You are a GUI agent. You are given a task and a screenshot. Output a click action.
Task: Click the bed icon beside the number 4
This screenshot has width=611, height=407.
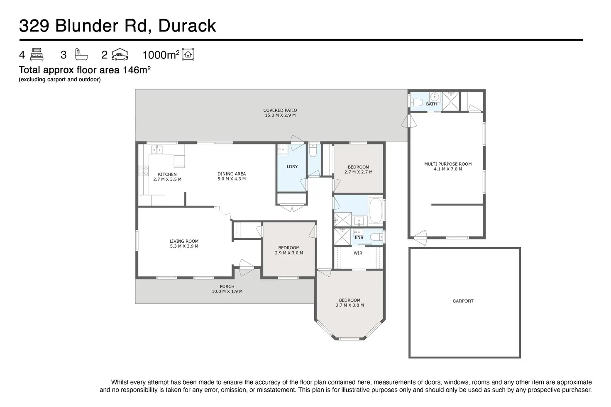37,55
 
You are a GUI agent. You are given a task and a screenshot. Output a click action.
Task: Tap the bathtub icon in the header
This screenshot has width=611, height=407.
80,54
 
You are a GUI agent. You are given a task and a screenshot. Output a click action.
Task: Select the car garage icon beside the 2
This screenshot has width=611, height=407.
120,55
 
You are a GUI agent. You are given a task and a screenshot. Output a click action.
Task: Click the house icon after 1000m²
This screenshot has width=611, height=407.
188,54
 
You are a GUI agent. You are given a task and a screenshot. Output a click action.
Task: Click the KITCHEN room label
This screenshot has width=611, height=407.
167,175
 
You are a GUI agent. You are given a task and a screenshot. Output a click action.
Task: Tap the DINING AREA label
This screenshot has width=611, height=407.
232,174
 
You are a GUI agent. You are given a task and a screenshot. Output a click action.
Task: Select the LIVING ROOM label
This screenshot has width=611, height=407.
184,241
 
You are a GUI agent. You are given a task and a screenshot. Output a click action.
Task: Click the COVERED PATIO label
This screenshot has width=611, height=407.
280,110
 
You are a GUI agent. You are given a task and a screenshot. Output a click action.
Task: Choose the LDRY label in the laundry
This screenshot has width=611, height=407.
292,167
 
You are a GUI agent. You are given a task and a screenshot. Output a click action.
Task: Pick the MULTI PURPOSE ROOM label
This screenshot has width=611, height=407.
448,164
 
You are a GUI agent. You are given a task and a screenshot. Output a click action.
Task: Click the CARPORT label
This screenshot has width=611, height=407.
463,301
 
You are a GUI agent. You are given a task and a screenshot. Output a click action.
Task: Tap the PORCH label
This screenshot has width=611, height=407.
227,287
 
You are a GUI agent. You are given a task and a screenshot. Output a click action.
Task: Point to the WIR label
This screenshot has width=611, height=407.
358,253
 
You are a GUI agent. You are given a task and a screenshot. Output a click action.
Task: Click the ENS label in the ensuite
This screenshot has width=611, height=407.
359,238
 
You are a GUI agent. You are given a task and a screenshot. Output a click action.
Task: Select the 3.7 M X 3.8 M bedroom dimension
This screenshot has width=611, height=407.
349,305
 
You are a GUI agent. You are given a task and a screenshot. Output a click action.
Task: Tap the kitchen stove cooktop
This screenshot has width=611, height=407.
143,171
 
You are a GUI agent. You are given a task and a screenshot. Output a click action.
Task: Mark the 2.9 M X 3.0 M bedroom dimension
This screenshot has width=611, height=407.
289,253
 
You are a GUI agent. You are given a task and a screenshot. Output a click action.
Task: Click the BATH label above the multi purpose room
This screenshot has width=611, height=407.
431,104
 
